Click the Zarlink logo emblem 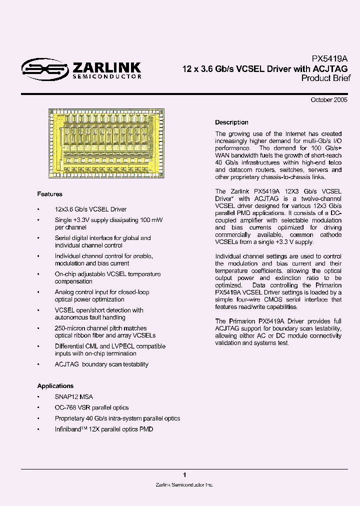pyautogui.click(x=44, y=69)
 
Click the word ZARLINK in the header pyautogui.click(x=107, y=67)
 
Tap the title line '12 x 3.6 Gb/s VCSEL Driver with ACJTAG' pyautogui.click(x=265, y=68)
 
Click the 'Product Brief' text pyautogui.click(x=326, y=78)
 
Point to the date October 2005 pyautogui.click(x=329, y=100)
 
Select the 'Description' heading pyautogui.click(x=231, y=122)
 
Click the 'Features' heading pyautogui.click(x=49, y=194)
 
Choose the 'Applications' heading pyautogui.click(x=55, y=386)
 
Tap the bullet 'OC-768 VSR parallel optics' pyautogui.click(x=91, y=407)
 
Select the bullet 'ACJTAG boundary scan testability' pyautogui.click(x=101, y=364)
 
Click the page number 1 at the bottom pyautogui.click(x=184, y=474)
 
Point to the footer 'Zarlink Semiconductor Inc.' pyautogui.click(x=184, y=485)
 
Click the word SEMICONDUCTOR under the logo pyautogui.click(x=107, y=76)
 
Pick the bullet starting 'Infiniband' pyautogui.click(x=103, y=429)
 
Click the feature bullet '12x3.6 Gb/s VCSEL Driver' pyautogui.click(x=90, y=209)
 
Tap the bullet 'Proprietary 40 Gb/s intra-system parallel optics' pyautogui.click(x=117, y=418)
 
